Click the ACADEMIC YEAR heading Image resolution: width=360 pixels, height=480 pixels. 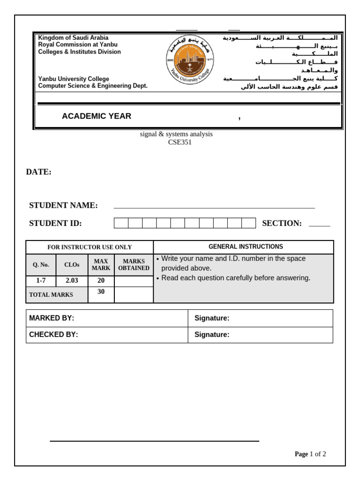(97, 116)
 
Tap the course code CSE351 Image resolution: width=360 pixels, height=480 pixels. (180, 142)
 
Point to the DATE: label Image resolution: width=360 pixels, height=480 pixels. (38, 172)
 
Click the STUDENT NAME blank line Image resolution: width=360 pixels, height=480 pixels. (214, 206)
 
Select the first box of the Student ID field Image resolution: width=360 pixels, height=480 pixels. (121, 223)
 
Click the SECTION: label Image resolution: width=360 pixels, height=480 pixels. (282, 223)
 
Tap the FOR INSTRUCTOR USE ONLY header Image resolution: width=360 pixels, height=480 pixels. (90, 247)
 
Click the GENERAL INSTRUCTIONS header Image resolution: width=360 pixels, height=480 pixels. (246, 247)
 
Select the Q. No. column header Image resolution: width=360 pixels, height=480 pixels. (41, 264)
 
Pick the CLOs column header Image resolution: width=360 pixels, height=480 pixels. (72, 264)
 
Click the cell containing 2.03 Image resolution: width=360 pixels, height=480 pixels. (72, 281)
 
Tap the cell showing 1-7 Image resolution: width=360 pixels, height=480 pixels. (41, 281)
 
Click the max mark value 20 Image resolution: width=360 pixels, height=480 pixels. (101, 281)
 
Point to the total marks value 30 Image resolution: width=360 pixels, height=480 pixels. (101, 292)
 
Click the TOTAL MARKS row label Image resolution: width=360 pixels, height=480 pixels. (51, 295)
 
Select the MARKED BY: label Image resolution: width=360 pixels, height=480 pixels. (52, 318)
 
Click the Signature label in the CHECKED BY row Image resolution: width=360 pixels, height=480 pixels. (212, 335)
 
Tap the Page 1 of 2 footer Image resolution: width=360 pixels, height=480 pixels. (310, 454)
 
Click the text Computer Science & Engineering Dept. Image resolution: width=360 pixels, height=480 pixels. (93, 86)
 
